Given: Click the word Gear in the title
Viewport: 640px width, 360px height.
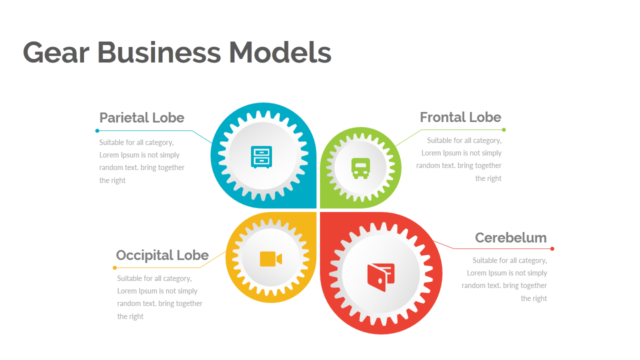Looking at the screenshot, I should click(x=56, y=52).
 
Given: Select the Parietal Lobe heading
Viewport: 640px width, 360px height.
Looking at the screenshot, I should click(x=141, y=117).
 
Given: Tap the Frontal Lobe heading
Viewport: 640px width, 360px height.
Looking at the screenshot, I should click(x=460, y=117).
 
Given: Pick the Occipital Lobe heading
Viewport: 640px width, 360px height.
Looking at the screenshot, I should click(x=162, y=255).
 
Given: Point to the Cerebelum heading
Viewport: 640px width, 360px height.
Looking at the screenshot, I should click(x=510, y=237).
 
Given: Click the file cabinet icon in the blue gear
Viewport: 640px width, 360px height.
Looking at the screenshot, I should click(x=261, y=156).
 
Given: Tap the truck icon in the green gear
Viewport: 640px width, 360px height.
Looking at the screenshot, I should click(x=360, y=168).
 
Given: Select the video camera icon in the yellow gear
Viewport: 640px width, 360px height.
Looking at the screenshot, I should click(x=270, y=259).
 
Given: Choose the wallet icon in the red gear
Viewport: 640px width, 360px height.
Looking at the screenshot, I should click(x=381, y=277).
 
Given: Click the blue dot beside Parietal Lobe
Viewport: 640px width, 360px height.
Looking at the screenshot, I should click(x=97, y=131).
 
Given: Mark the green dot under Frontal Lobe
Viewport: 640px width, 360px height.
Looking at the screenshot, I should click(x=503, y=130).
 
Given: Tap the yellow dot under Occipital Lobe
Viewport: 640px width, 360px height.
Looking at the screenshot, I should click(x=114, y=267).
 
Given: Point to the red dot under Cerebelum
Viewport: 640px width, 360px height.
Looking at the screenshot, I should click(x=552, y=248).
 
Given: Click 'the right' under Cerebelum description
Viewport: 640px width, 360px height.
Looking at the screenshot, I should click(x=533, y=298).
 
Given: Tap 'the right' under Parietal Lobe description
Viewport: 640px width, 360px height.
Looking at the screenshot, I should click(x=112, y=180).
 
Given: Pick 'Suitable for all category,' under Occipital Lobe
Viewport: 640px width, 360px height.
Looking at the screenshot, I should click(x=154, y=278).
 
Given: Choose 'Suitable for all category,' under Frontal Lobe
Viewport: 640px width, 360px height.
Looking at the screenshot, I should click(x=464, y=140).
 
